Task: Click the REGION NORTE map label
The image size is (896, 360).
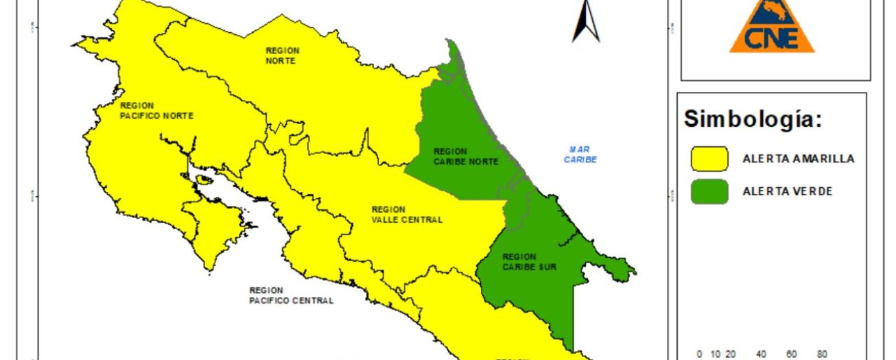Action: point(283,56)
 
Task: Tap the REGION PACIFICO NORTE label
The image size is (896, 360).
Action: point(156,111)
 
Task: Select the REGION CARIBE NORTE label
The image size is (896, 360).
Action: point(466,156)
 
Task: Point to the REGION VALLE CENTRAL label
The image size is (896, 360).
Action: point(407,215)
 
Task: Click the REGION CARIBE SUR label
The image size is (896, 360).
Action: point(529,262)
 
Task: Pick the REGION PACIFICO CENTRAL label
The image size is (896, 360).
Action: point(292,296)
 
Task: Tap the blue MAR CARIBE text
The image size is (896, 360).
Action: point(580,154)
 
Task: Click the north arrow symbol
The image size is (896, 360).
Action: point(585,21)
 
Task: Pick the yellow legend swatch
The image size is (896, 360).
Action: point(709,158)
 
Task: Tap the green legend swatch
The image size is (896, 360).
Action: point(709,191)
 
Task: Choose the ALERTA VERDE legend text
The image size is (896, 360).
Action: point(787,191)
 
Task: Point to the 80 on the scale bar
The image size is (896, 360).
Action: point(822,355)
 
